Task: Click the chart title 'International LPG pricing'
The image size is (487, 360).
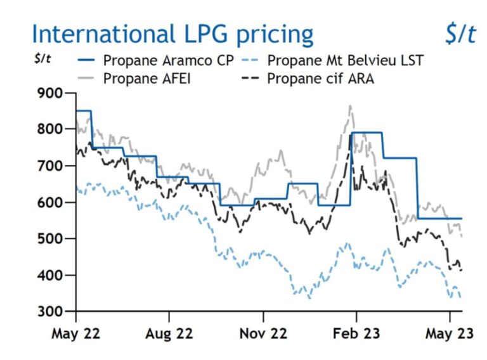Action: click(172, 34)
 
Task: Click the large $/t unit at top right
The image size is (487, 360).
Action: click(460, 34)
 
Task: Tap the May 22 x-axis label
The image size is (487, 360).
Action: click(75, 333)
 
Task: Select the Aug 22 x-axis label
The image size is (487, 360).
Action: click(169, 333)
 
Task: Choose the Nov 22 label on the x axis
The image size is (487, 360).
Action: click(263, 333)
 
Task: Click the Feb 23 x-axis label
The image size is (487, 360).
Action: click(356, 333)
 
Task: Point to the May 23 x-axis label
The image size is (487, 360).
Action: click(449, 333)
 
